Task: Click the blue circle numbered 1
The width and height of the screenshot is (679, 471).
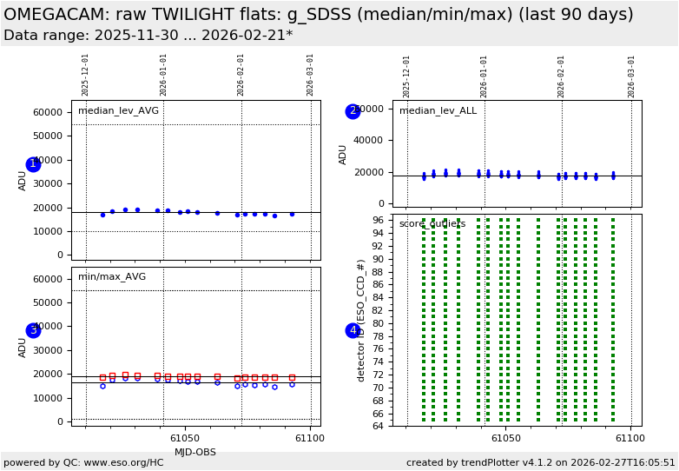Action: point(33,164)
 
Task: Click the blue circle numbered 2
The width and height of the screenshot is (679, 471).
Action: point(353,111)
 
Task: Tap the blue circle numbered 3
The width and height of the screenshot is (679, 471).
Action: point(33,330)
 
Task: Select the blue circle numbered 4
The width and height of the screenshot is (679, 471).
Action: point(353,330)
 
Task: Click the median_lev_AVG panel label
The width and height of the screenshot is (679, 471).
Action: point(118,111)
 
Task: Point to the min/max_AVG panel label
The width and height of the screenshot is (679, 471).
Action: point(112,277)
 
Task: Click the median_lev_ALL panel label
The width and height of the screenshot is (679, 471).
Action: point(438,111)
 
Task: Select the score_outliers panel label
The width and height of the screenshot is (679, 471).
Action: point(432,224)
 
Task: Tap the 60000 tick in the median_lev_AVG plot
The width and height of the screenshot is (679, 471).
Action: point(47,112)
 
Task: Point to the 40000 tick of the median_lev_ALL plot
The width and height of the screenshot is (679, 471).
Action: point(368,140)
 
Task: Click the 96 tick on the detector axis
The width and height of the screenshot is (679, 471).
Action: point(378,220)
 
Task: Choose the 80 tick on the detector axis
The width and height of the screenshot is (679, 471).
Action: point(378,323)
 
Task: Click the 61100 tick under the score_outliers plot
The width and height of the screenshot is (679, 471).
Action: point(630,439)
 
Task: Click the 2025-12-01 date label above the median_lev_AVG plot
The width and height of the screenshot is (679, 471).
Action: point(85,75)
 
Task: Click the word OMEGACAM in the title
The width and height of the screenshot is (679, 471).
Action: point(63,15)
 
